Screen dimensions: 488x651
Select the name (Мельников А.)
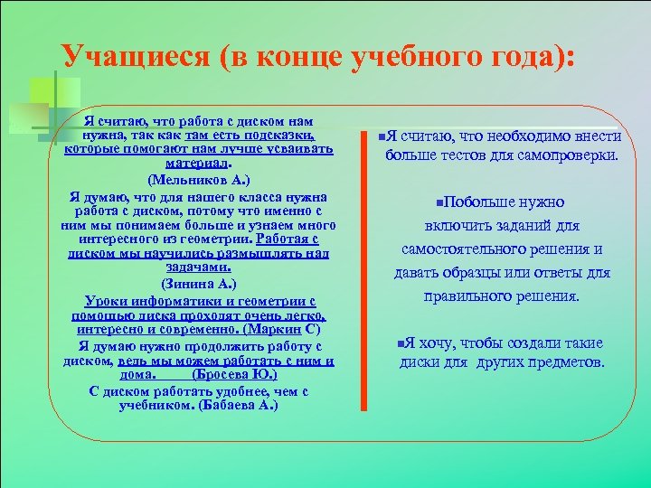click(198, 180)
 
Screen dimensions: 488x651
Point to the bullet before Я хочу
click(400, 343)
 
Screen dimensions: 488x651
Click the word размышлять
click(245, 254)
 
